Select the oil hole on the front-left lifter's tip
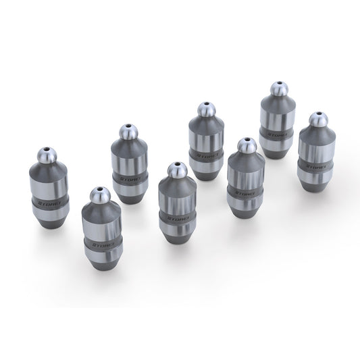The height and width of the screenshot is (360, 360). tap(99, 191)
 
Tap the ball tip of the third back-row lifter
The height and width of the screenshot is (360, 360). tap(202, 110)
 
